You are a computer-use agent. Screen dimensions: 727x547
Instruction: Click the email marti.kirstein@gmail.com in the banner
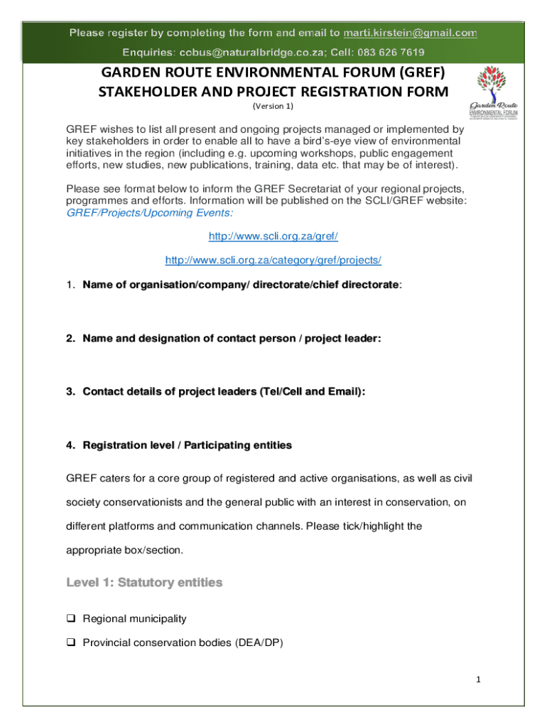410,33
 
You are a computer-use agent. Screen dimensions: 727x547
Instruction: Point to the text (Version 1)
273,106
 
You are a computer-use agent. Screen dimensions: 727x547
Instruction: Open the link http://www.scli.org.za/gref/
273,235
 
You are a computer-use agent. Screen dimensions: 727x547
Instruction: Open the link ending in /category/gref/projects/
273,260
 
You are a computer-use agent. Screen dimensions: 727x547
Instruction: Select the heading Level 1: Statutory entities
144,583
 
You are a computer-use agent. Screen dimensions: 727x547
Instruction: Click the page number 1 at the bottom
479,680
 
